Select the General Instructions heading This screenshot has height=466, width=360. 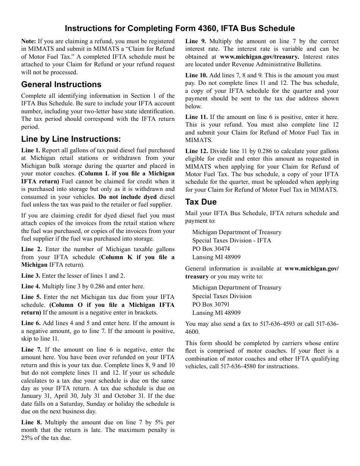[x=61, y=84]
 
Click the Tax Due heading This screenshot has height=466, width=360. [x=201, y=202]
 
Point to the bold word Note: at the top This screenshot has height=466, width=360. [x=28, y=41]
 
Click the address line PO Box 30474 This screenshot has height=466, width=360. [x=211, y=249]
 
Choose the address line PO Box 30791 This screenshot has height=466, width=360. [x=211, y=304]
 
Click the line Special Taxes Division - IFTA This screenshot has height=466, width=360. [x=232, y=240]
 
